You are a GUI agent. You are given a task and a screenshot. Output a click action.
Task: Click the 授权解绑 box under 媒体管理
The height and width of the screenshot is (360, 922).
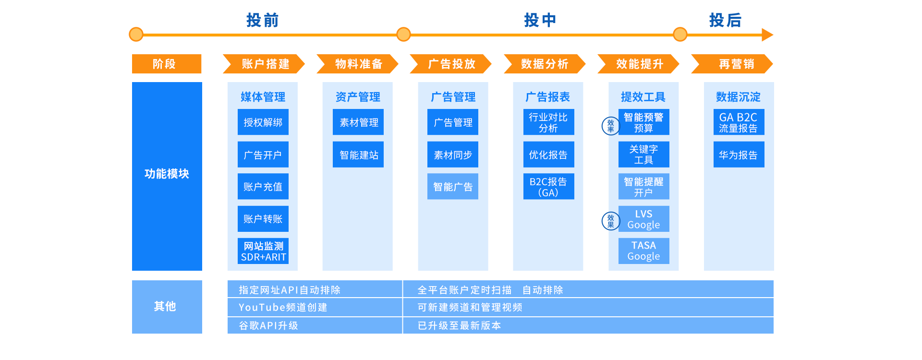[x=263, y=122]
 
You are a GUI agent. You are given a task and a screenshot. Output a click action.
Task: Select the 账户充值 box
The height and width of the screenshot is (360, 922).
[x=263, y=187]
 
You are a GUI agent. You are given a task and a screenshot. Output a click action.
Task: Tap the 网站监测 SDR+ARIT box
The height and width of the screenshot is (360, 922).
[x=263, y=251]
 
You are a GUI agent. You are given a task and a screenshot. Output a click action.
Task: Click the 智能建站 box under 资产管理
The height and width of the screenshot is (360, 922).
[x=358, y=155]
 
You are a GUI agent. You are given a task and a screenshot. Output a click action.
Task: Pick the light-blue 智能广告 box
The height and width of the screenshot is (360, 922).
[x=453, y=187]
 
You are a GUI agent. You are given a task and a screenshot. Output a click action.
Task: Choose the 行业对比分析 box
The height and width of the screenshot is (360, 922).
[x=549, y=122]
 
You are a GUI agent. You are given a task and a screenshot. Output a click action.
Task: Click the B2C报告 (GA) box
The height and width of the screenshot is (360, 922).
[x=549, y=187]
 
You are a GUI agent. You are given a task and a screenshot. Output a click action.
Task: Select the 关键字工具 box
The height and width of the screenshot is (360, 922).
[x=644, y=155]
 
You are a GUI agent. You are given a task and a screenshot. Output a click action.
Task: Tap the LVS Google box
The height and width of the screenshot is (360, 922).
[x=644, y=219]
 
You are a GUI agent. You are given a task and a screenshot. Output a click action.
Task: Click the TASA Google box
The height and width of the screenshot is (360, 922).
[x=644, y=251]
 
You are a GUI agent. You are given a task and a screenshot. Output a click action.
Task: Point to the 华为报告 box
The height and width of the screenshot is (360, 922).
[x=739, y=155]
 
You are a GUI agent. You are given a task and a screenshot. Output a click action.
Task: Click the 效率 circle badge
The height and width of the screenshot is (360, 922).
[x=611, y=126]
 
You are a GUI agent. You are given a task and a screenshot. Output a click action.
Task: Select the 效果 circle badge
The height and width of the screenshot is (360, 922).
[x=611, y=221]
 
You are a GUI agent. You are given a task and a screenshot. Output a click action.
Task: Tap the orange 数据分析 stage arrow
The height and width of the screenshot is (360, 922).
[x=545, y=64]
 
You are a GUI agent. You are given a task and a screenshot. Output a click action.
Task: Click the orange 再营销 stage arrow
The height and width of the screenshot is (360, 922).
[x=732, y=64]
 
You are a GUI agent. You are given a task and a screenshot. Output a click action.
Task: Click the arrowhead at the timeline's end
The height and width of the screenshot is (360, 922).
[x=767, y=35]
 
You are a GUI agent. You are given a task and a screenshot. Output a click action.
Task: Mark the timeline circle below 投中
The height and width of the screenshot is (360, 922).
[x=404, y=35]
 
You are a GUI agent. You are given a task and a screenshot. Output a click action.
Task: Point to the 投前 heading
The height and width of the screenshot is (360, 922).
[x=263, y=20]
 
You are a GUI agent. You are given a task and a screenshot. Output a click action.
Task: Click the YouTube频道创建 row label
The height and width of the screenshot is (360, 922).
[x=283, y=307]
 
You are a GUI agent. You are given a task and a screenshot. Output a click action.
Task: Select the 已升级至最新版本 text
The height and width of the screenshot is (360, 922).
[x=460, y=325]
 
